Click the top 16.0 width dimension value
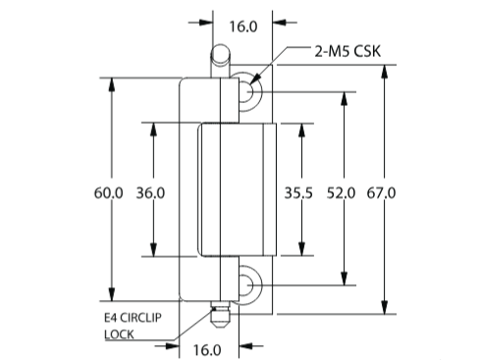(243, 26)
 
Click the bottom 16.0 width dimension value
(207, 350)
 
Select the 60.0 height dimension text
(109, 193)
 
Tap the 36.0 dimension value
(150, 193)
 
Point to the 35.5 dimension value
(298, 193)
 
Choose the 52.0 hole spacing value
(341, 193)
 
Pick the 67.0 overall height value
(381, 193)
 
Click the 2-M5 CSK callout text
(347, 51)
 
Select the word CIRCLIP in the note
(141, 318)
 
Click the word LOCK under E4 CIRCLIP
(119, 334)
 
